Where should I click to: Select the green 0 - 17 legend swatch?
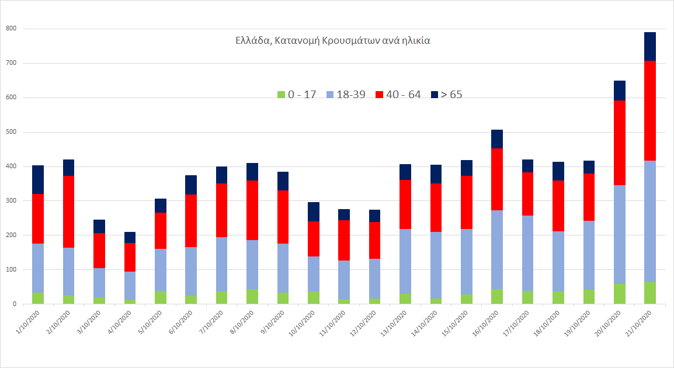tap(281, 95)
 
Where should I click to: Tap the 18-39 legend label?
tap(351, 95)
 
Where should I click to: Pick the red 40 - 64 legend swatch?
tap(380, 95)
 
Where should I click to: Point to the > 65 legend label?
tap(451, 95)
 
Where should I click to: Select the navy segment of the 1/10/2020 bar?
tap(38, 179)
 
